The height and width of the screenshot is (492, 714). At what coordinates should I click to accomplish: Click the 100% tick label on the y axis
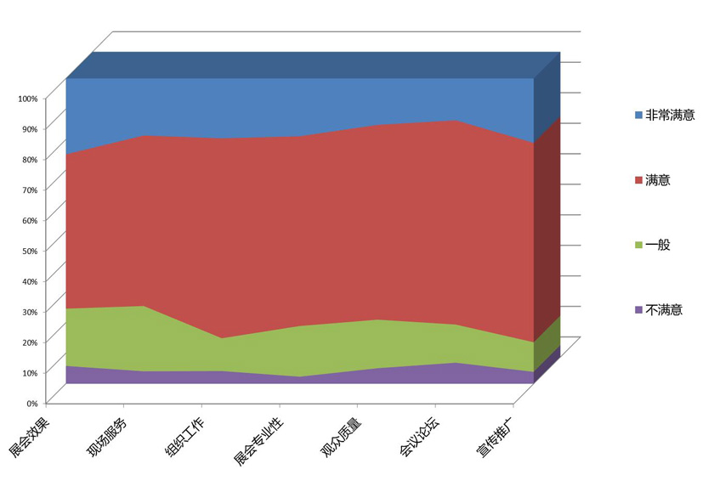point(28,99)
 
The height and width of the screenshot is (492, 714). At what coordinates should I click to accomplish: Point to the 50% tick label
point(30,251)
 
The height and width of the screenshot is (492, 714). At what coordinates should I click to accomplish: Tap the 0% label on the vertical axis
point(32,403)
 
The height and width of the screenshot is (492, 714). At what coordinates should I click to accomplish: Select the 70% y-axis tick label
point(30,189)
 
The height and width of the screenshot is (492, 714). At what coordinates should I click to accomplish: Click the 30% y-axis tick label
point(30,312)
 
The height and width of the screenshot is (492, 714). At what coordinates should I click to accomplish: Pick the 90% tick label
point(30,129)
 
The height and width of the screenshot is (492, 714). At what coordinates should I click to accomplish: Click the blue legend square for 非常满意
point(638,115)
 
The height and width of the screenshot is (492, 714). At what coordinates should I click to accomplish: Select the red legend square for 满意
point(638,180)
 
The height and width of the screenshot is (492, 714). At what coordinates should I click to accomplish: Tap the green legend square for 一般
point(638,245)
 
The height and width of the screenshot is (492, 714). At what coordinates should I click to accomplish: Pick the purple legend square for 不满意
point(638,310)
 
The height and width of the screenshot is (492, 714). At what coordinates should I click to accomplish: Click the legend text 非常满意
point(670,115)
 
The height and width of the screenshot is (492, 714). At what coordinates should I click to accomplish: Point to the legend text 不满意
point(664,310)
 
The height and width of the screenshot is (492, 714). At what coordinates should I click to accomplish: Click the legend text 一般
point(658,245)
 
